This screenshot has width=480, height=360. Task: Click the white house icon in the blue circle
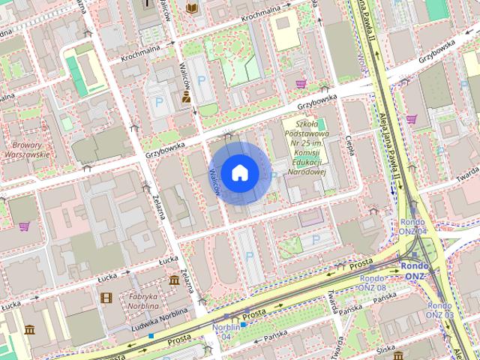click(239, 172)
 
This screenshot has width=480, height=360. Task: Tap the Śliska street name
click(385, 349)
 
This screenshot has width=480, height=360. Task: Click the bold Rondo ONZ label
click(415, 271)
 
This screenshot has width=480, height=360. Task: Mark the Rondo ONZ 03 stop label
click(439, 310)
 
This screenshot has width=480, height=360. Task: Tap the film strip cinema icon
click(106, 298)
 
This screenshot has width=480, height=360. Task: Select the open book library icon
click(192, 7)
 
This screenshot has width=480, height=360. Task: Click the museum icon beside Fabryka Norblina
click(174, 280)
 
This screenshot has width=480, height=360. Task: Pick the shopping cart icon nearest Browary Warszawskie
click(24, 226)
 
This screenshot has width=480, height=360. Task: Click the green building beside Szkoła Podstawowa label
click(322, 124)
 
